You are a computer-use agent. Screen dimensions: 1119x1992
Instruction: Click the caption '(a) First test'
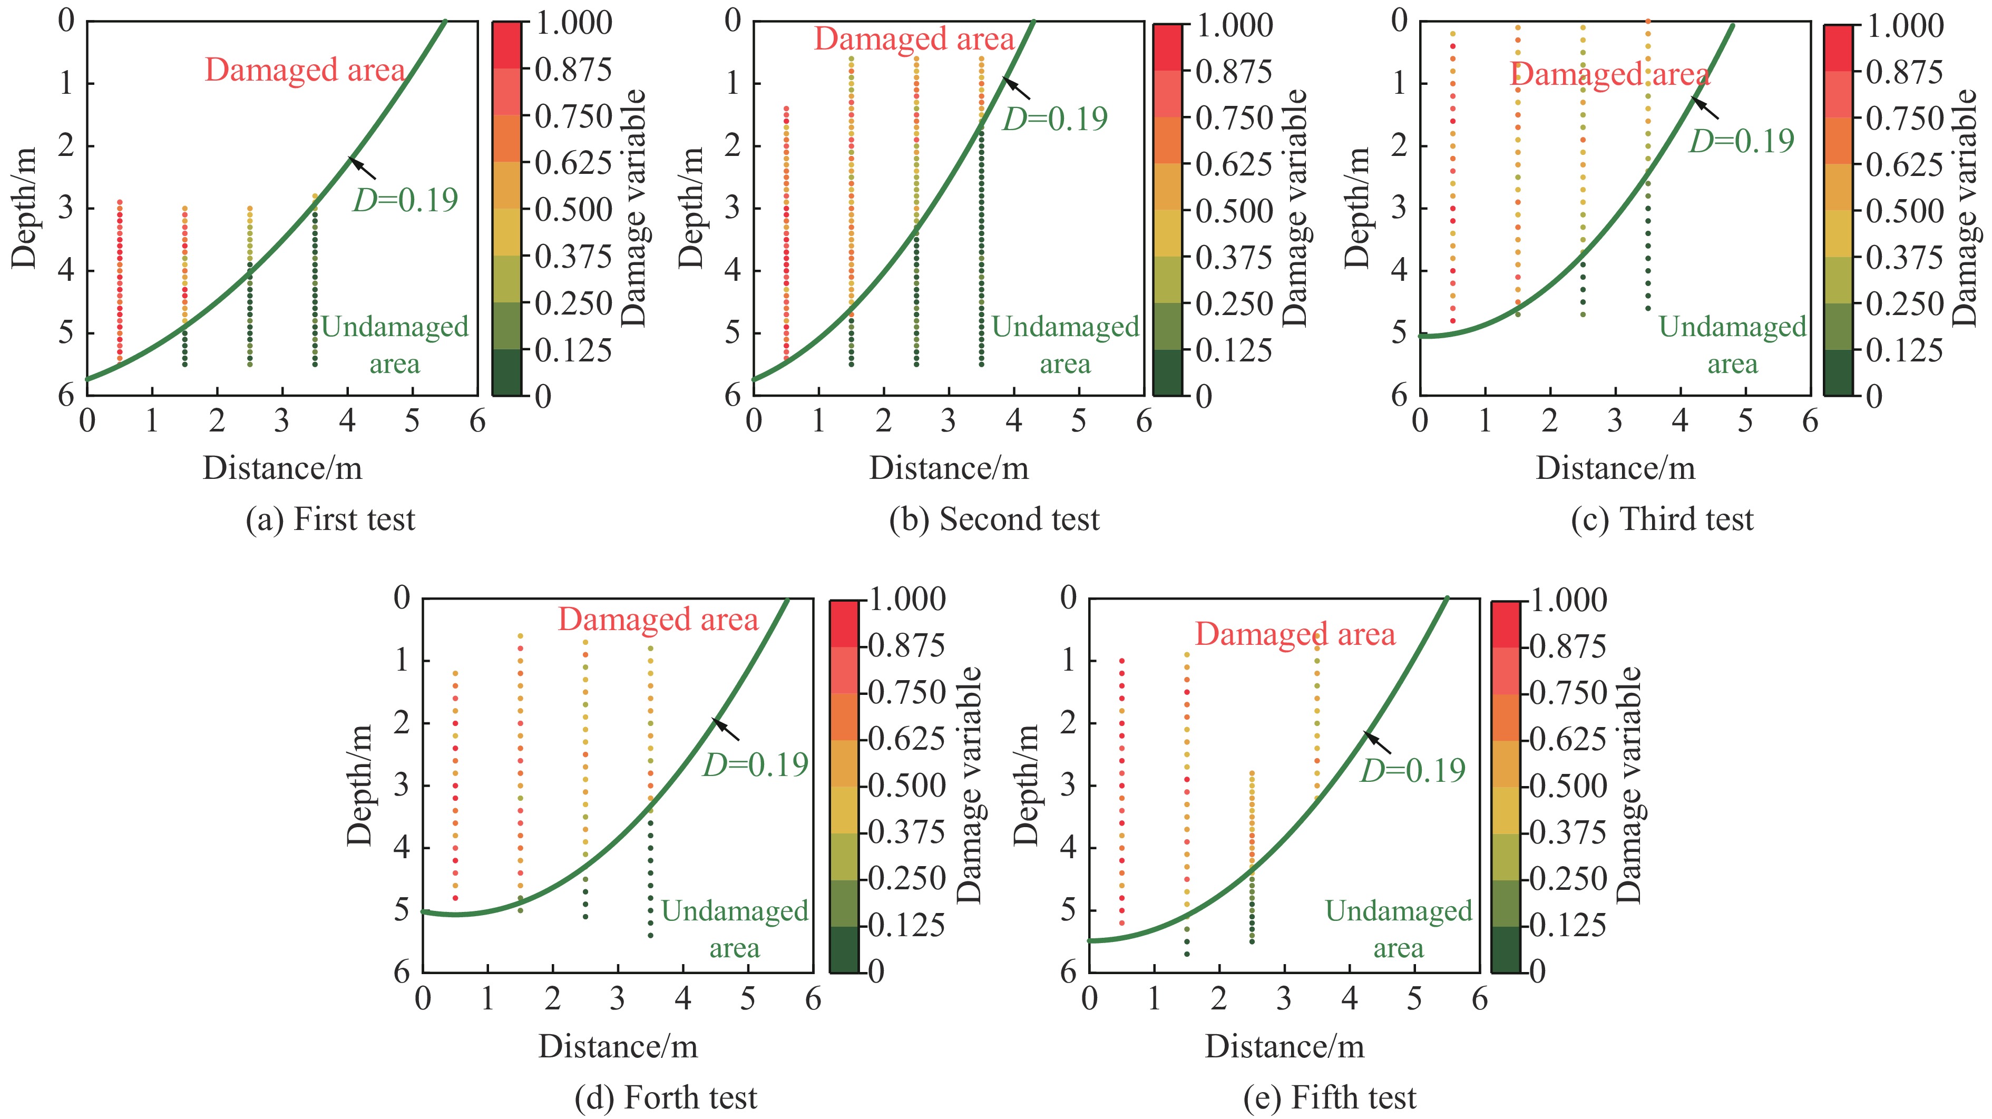coord(330,519)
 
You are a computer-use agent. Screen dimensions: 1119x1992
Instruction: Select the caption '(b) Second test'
coord(994,519)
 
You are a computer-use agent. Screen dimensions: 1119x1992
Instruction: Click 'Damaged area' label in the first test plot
coord(305,71)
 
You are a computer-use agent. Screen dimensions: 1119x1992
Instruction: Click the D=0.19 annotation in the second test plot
coord(1055,119)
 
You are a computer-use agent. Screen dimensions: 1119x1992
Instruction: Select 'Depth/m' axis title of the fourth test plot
coord(360,785)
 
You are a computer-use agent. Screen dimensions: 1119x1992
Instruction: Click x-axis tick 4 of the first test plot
coord(347,421)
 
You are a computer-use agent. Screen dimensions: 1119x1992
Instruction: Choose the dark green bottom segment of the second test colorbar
coord(1168,373)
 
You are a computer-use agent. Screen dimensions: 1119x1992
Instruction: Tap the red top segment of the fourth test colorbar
coord(844,623)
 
